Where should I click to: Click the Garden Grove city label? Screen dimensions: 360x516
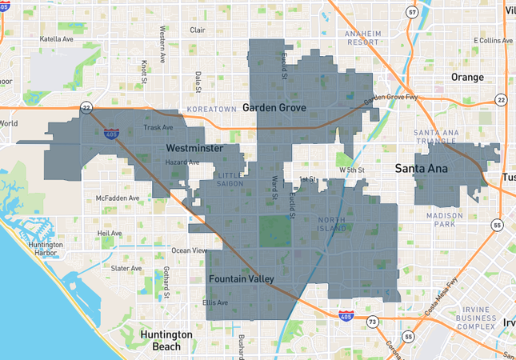(274, 108)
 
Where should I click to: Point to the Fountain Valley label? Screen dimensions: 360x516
(241, 278)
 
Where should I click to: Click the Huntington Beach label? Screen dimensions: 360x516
(166, 340)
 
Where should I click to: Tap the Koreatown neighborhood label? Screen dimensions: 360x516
(210, 108)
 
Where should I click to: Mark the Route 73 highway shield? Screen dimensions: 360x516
(373, 321)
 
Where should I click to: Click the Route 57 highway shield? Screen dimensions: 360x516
(411, 12)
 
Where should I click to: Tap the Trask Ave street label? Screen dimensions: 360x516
(157, 127)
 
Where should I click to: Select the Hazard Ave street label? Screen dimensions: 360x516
(182, 162)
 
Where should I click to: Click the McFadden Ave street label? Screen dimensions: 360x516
(117, 198)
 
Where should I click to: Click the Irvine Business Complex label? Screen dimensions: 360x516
(477, 318)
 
